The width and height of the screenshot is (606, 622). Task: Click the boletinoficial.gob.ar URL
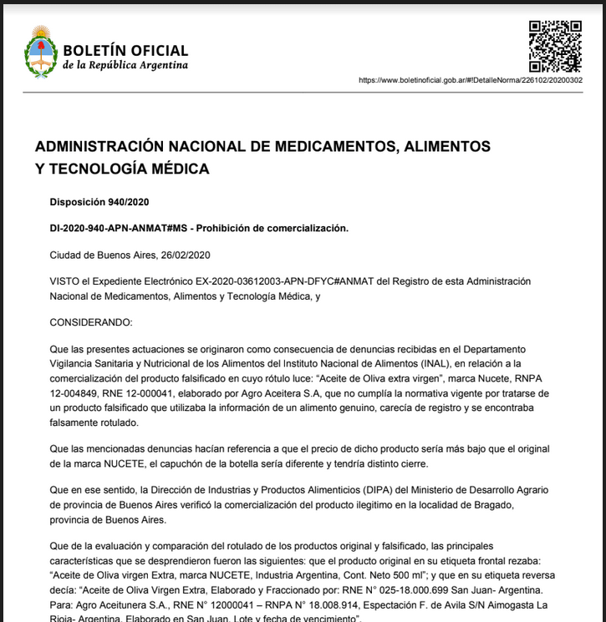coord(470,80)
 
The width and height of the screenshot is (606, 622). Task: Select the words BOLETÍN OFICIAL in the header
coord(125,51)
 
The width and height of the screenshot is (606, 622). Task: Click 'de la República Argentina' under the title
coord(125,66)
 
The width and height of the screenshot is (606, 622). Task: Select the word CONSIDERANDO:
coord(90,321)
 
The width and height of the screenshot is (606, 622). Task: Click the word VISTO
coord(66,281)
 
